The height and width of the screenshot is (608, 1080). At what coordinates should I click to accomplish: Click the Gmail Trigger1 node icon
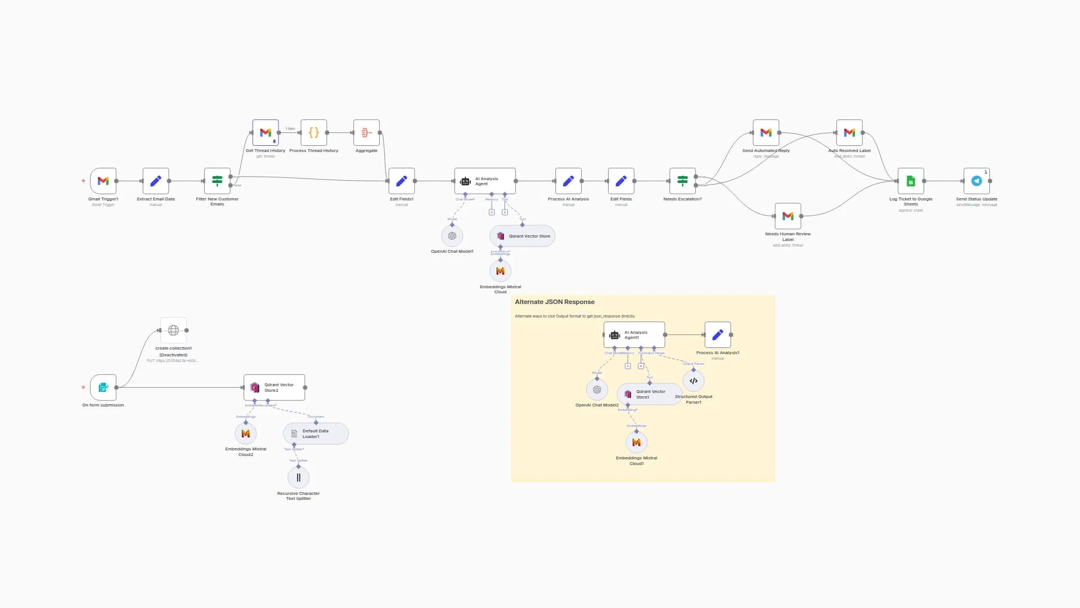click(x=103, y=181)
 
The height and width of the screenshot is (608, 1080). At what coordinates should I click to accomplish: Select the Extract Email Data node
click(x=156, y=181)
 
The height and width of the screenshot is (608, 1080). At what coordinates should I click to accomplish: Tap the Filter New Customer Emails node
click(x=217, y=181)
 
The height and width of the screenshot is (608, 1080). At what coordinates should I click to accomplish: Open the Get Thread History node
click(x=265, y=133)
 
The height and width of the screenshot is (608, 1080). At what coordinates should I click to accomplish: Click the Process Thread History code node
click(x=314, y=133)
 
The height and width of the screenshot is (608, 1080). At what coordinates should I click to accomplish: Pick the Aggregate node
click(x=366, y=133)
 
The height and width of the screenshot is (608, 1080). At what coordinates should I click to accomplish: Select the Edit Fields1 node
click(x=402, y=181)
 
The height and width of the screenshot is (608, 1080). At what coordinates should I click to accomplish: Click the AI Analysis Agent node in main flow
click(x=485, y=181)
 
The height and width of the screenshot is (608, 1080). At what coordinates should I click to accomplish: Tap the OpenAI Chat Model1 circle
click(x=452, y=236)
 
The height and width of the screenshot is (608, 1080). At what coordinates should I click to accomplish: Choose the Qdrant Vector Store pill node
click(x=523, y=236)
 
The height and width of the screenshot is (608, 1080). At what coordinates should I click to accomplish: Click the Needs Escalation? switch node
click(x=682, y=181)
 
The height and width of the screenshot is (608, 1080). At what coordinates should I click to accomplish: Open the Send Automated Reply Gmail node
click(x=766, y=133)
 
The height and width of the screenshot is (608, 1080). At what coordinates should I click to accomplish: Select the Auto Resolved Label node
click(x=849, y=133)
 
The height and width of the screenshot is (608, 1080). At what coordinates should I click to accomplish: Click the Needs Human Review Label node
click(x=787, y=216)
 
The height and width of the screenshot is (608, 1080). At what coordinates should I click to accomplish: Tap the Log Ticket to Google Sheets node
click(x=911, y=181)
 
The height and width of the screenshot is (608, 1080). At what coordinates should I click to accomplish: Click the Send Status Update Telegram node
click(x=976, y=181)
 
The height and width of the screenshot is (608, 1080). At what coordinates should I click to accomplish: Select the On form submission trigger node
click(x=103, y=387)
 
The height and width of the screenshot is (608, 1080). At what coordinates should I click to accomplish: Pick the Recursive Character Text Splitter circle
click(x=298, y=477)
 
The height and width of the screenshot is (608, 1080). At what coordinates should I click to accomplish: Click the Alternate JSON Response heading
click(x=555, y=302)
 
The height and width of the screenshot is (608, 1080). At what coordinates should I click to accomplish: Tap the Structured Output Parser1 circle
click(x=694, y=381)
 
